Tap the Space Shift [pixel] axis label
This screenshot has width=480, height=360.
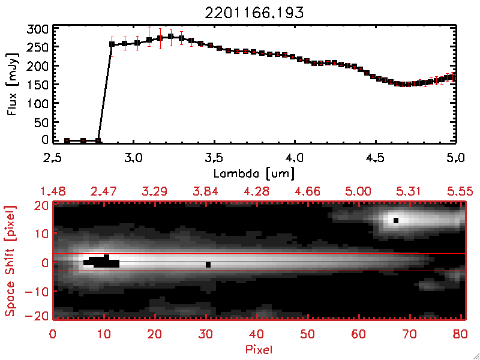[10, 261]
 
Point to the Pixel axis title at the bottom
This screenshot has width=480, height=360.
[259, 349]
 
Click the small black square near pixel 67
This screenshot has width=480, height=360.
[396, 220]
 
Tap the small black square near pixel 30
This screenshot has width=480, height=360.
[208, 265]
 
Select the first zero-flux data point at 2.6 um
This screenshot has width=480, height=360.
[67, 140]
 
